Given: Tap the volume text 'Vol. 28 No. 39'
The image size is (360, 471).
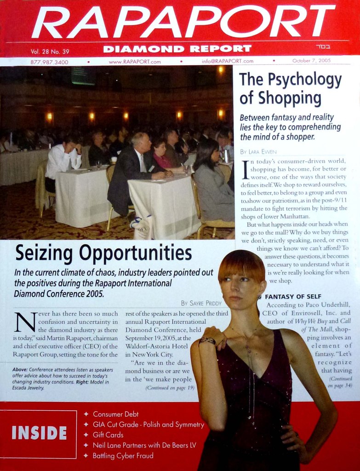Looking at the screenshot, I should [50, 51].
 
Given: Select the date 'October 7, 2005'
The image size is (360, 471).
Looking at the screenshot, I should [311, 61].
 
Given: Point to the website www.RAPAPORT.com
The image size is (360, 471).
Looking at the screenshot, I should [135, 62].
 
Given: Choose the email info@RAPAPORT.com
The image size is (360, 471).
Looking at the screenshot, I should [227, 61].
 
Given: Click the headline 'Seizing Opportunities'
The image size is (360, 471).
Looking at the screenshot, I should [103, 253].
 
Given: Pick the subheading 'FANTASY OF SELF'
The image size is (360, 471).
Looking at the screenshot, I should [293, 297].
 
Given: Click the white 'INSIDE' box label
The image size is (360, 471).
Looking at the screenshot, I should [39, 433].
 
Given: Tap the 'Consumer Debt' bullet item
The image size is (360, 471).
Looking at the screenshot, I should [115, 414].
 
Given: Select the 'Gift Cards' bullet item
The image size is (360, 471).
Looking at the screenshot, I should [108, 435].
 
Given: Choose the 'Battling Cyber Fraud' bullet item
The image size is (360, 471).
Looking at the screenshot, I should [123, 456].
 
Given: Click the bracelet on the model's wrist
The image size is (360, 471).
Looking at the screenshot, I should [207, 341].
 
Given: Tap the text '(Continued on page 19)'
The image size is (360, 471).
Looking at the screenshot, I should [170, 388].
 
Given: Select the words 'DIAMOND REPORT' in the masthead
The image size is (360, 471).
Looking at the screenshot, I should [177, 49].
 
